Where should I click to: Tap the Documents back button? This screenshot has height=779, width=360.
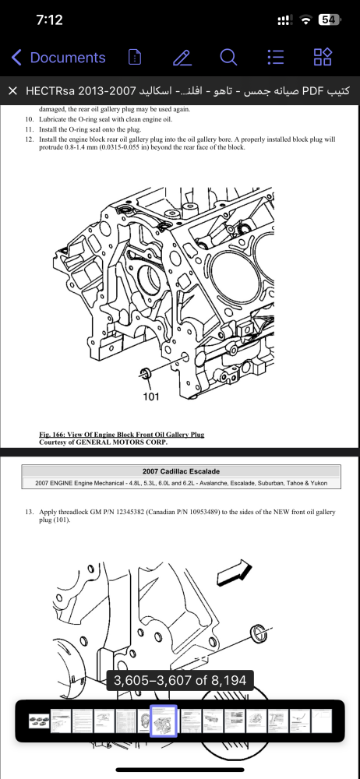coord(58,58)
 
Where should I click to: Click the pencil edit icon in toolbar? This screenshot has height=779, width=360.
coord(182,58)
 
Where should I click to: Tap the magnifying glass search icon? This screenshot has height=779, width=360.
coord(228,58)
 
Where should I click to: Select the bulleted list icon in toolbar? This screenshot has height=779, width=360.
coord(276,58)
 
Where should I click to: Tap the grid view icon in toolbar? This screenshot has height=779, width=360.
coord(323,58)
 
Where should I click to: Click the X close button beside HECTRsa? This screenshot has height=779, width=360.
coord(13,91)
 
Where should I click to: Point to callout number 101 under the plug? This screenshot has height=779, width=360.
coord(150,396)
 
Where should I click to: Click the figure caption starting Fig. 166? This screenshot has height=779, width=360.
coord(122,435)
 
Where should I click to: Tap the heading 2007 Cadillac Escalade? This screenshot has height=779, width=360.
coord(181,471)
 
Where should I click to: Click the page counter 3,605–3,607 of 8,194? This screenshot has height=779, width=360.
coord(181,680)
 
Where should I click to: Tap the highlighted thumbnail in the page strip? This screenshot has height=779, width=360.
coord(164,721)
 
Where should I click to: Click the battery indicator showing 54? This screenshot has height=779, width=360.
coord(329,20)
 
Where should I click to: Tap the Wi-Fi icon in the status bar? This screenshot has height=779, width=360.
coord(307,20)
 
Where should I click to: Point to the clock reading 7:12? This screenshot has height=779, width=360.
coord(50,20)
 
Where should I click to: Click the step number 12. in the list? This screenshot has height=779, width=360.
coord(30,139)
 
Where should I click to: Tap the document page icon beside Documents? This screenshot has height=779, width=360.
coord(135,58)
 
